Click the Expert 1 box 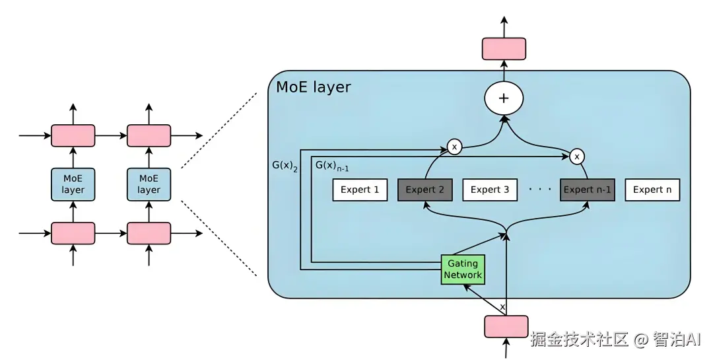[x=360, y=190]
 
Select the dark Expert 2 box [x=425, y=190]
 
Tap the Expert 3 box [x=490, y=190]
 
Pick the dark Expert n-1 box [x=588, y=190]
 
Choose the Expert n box [x=652, y=190]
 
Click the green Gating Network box [x=463, y=270]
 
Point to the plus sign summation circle [x=504, y=98]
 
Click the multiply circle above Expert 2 [x=454, y=147]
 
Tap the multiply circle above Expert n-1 [x=577, y=157]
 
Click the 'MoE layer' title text [x=314, y=87]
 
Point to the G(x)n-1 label [x=331, y=166]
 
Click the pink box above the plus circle [x=504, y=49]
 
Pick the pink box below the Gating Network [x=506, y=326]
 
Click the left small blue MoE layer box [x=73, y=184]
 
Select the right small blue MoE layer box [x=149, y=184]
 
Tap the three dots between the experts [x=539, y=190]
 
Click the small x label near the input [x=502, y=307]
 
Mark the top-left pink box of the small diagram [x=73, y=135]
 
